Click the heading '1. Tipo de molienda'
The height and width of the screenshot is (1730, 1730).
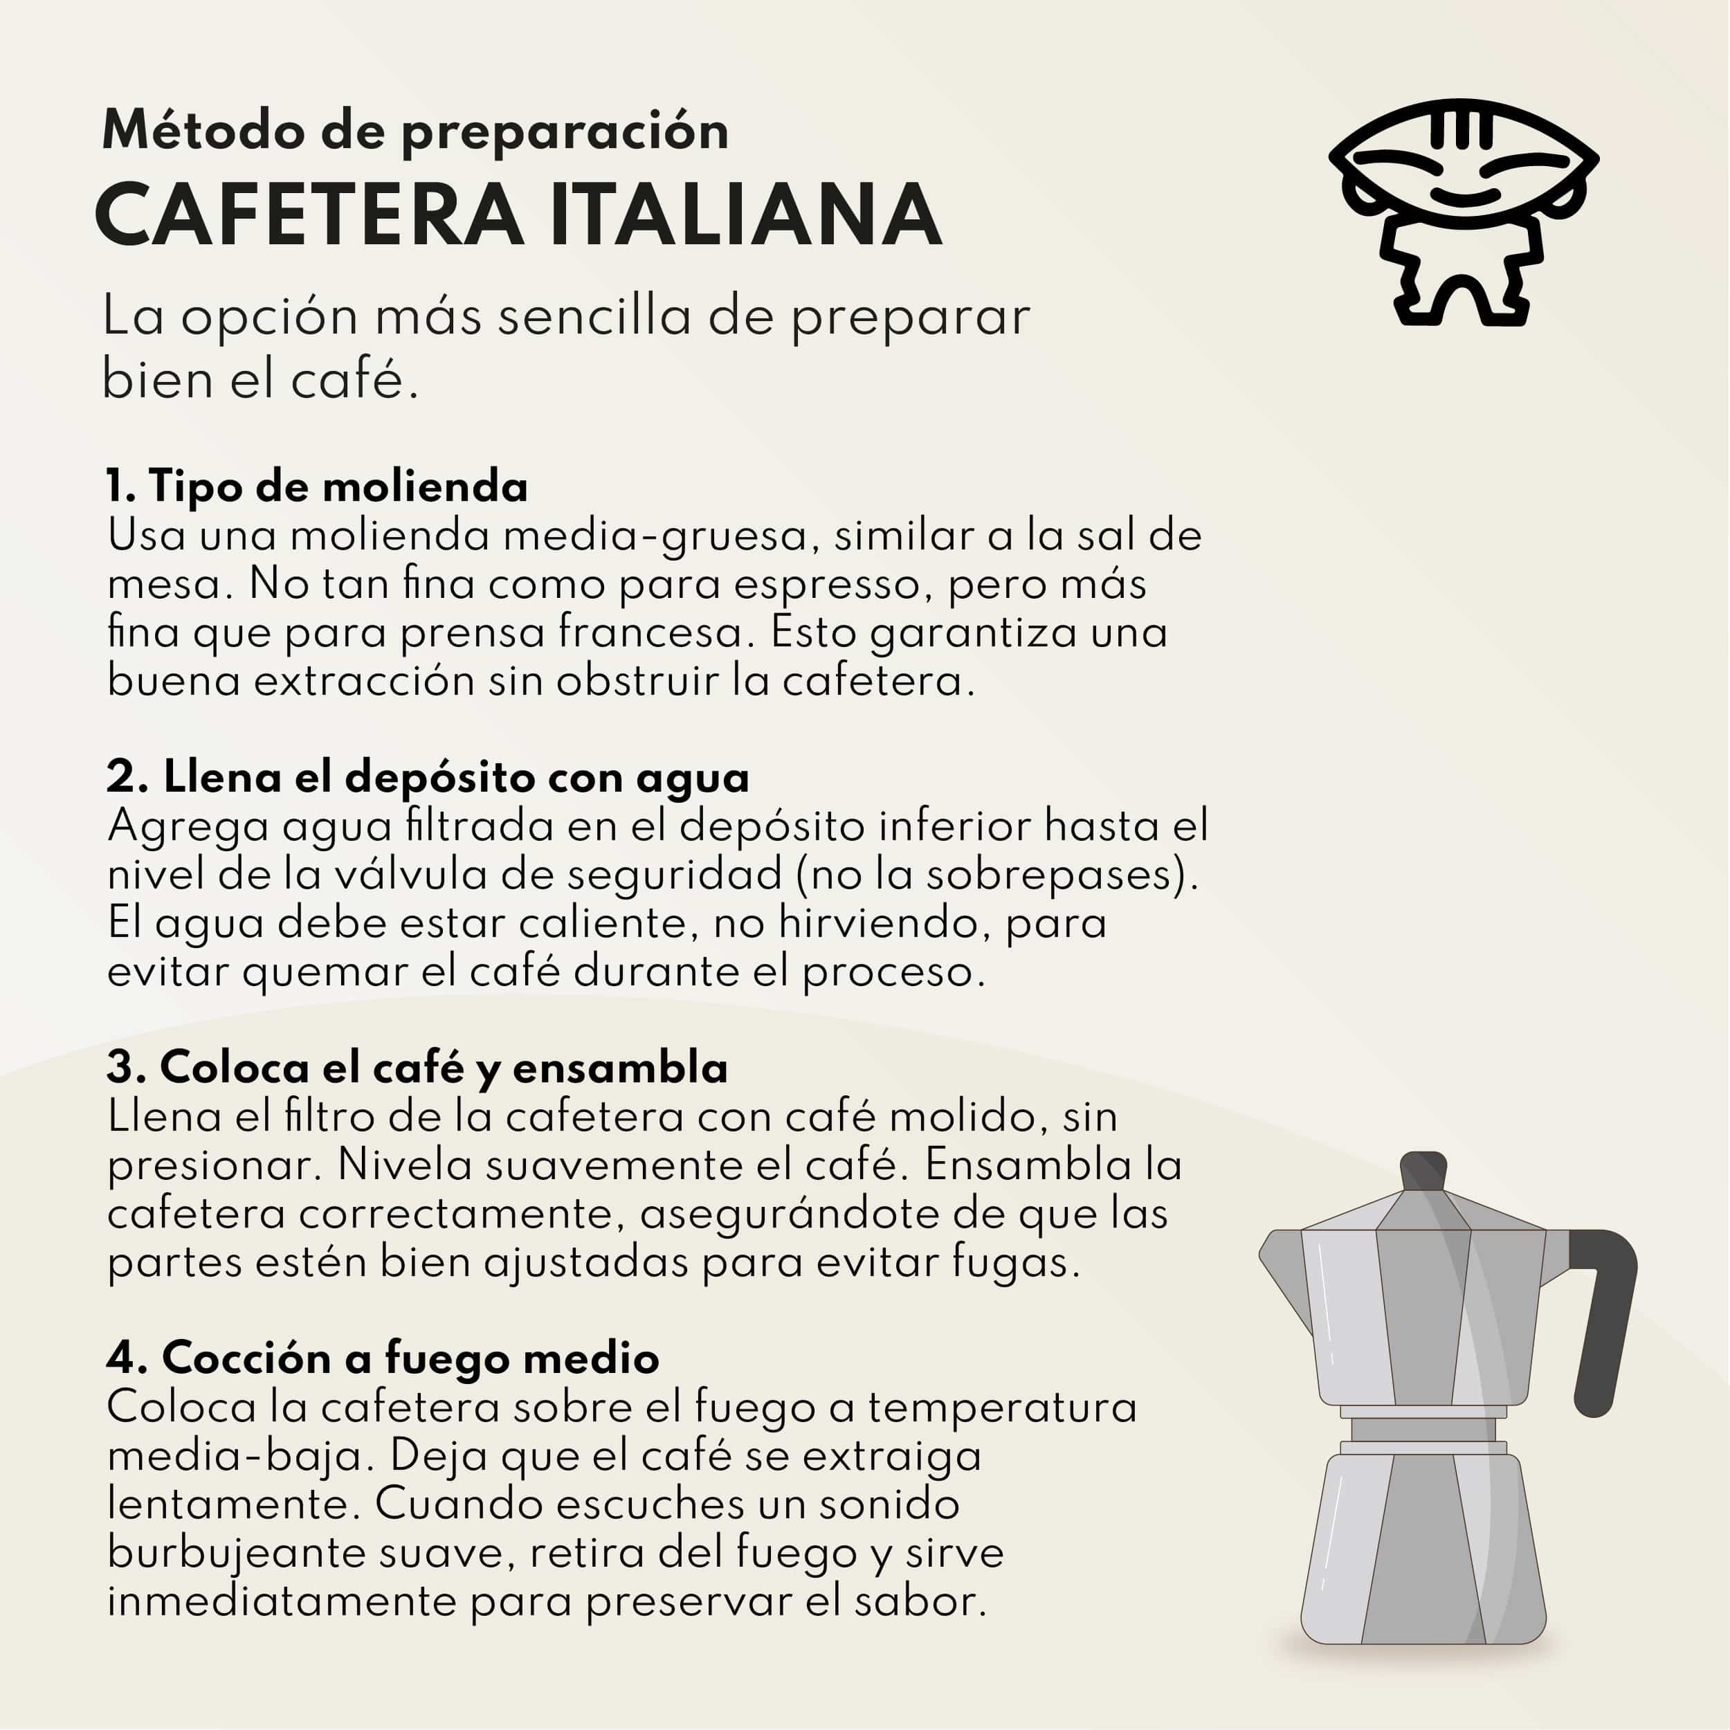pos(317,486)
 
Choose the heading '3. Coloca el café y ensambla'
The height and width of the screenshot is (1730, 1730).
pos(417,1067)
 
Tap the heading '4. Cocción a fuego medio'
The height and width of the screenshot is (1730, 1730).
pos(383,1358)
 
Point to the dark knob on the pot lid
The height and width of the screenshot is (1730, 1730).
pos(1423,1172)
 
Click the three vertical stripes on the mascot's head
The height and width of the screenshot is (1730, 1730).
pos(1462,128)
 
